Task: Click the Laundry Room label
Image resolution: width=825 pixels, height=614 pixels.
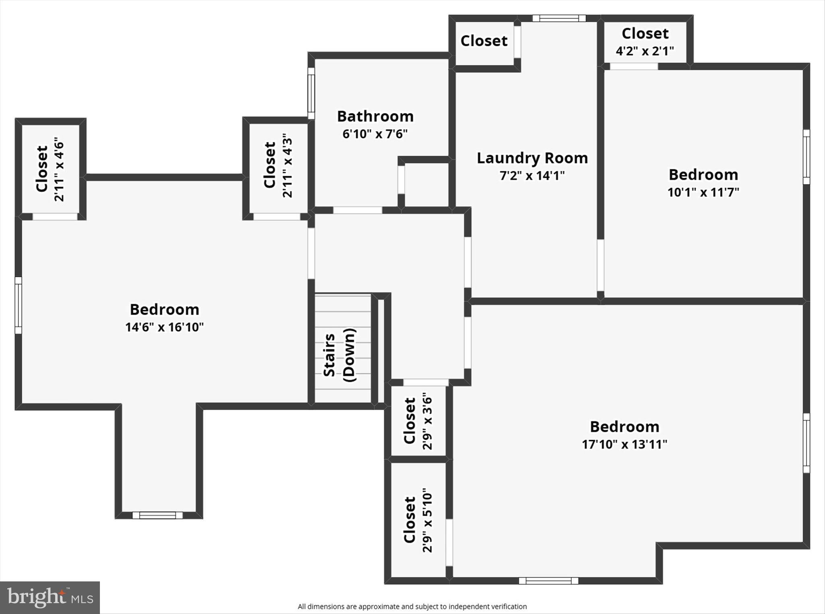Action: coord(532,158)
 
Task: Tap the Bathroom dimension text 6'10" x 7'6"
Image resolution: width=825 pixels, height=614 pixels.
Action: coord(375,134)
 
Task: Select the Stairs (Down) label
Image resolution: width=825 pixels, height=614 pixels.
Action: coord(339,355)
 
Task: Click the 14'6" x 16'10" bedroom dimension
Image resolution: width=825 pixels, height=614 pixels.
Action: coord(164,327)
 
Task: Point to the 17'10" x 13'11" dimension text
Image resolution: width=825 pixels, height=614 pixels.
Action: coord(624,444)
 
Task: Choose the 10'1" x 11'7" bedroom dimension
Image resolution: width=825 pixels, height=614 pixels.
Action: coord(703,192)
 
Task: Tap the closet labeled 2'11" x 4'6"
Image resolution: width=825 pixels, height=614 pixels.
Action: coord(50,169)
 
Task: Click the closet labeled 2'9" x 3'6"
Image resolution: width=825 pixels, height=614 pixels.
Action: coord(418,421)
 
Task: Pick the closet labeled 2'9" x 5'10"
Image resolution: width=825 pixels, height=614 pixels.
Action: coord(418,520)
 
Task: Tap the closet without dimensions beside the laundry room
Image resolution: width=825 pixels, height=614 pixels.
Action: coord(484,41)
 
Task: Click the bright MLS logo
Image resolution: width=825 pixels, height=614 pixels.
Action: coord(50,597)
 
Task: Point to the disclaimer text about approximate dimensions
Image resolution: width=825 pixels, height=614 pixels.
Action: coord(412,606)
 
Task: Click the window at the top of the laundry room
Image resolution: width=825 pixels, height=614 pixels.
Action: coord(559,18)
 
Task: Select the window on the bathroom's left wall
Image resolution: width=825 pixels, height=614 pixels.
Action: coord(311,93)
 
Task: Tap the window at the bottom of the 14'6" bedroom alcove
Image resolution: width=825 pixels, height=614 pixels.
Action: coord(158,515)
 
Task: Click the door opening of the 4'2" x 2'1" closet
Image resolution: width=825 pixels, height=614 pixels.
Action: coord(634,66)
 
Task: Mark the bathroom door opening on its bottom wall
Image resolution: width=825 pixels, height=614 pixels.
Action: coord(357,210)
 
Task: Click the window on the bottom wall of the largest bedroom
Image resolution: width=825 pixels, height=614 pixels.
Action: coord(548,581)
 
